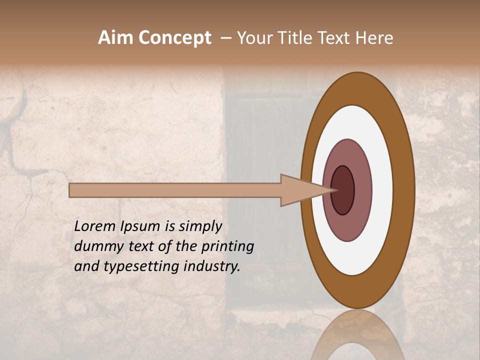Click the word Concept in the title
point(174,38)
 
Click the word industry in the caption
point(212,266)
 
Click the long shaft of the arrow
point(175,190)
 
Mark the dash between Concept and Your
point(225,38)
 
